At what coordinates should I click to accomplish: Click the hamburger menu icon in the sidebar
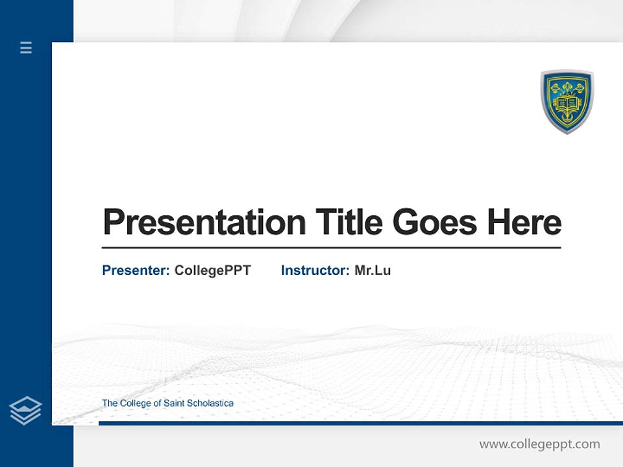tap(26, 47)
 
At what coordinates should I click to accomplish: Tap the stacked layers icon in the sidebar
tap(25, 411)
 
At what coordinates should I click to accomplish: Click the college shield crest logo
tap(567, 101)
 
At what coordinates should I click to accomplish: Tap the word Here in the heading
tap(524, 222)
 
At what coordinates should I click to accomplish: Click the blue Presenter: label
tap(136, 270)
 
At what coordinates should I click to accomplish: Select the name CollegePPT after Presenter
tap(212, 270)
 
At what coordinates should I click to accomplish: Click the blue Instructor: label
tap(315, 270)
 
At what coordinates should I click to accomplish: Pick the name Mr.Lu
tap(373, 270)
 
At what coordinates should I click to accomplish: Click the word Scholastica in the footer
tap(210, 403)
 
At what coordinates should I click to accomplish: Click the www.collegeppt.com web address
tap(539, 444)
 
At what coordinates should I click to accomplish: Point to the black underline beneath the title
tap(331, 247)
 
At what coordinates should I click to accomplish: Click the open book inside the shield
tap(567, 103)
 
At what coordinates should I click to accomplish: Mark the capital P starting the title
tap(114, 222)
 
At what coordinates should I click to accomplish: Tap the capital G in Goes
tap(406, 222)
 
